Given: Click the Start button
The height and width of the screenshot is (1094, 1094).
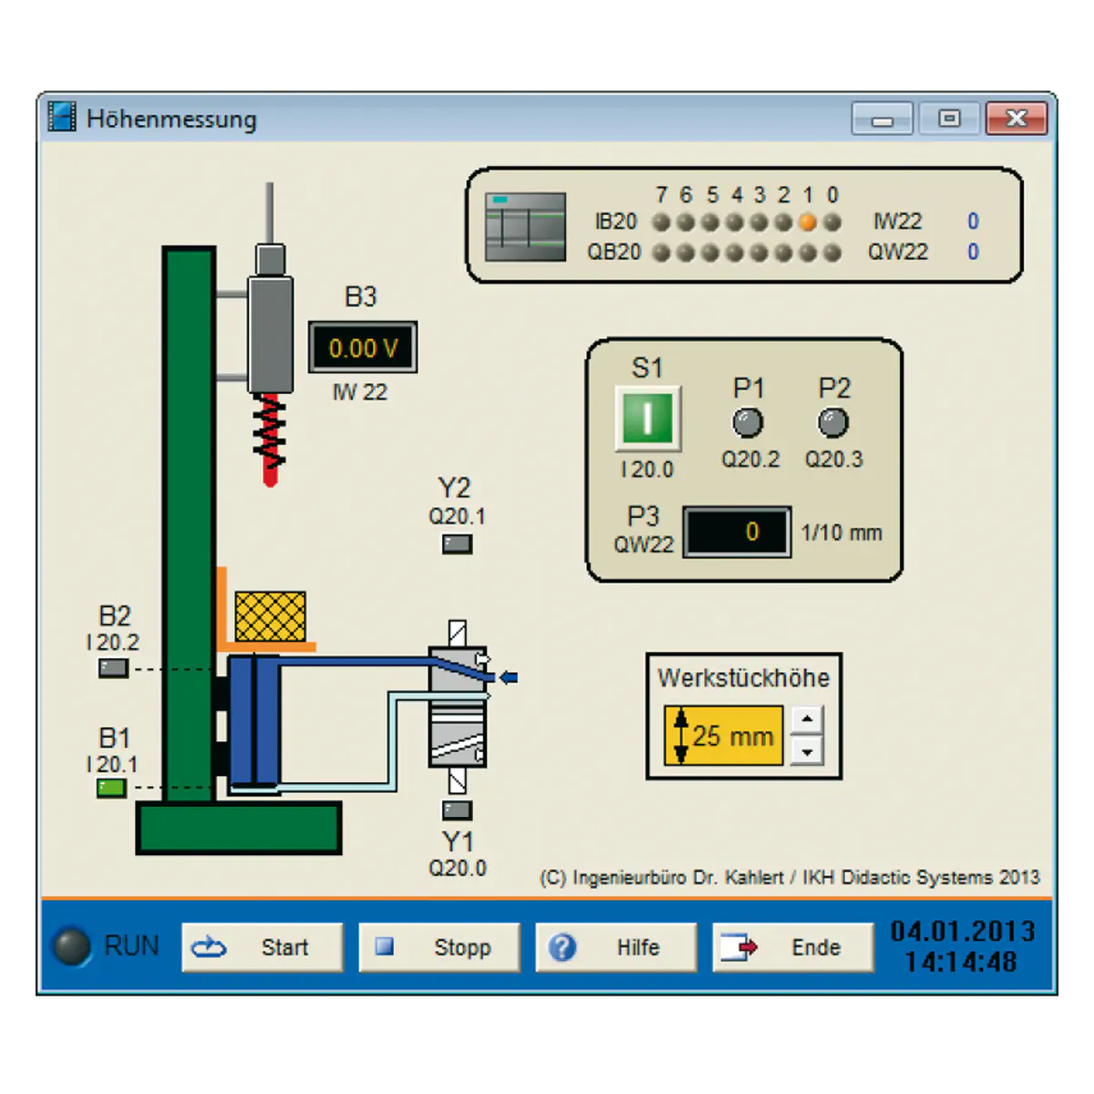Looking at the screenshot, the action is pyautogui.click(x=263, y=947).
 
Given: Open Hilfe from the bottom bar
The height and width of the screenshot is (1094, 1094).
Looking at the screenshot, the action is pyautogui.click(x=616, y=947).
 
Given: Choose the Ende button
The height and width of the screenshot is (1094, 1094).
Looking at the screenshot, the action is pyautogui.click(x=793, y=947).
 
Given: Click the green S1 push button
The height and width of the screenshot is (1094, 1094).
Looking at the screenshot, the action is pyautogui.click(x=648, y=418).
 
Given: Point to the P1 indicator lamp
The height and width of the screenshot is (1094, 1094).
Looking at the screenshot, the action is pyautogui.click(x=748, y=422).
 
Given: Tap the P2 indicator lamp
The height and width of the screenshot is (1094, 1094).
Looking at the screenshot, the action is pyautogui.click(x=833, y=422).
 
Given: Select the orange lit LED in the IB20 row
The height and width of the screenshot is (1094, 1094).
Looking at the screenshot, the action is pyautogui.click(x=808, y=222).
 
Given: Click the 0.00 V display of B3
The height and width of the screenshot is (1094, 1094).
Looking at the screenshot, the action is pyautogui.click(x=363, y=346).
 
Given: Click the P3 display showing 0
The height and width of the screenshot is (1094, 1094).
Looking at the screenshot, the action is pyautogui.click(x=737, y=532).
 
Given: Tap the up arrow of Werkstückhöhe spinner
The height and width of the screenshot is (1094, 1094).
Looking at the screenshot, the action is pyautogui.click(x=807, y=720).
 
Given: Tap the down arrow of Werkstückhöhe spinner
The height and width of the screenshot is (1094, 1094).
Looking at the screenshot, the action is pyautogui.click(x=807, y=751).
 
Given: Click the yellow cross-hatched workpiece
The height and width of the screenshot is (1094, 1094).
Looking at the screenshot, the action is pyautogui.click(x=270, y=616).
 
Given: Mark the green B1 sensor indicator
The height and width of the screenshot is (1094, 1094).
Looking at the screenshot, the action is pyautogui.click(x=111, y=788).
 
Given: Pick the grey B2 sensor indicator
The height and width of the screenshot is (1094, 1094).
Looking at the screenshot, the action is pyautogui.click(x=114, y=668).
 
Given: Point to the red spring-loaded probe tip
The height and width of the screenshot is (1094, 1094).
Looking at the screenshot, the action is pyautogui.click(x=270, y=478).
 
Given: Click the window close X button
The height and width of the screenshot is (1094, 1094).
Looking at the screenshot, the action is pyautogui.click(x=1017, y=119).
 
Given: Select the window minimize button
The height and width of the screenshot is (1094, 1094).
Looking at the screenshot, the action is pyautogui.click(x=882, y=119).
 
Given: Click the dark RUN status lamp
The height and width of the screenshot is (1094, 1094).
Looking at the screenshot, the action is pyautogui.click(x=72, y=946).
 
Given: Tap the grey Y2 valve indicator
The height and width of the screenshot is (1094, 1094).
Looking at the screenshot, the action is pyautogui.click(x=457, y=544).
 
